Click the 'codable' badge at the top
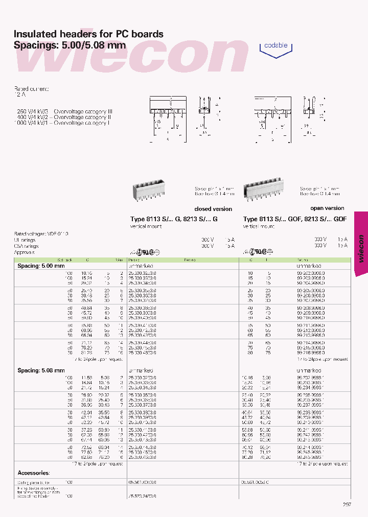[276, 45]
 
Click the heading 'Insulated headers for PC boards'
[88, 34]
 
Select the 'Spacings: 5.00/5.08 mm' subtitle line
[70, 45]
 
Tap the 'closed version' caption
[213, 209]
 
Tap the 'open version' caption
[327, 208]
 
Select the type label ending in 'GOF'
[295, 219]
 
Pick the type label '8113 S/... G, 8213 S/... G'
[174, 219]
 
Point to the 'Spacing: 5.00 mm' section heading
[41, 266]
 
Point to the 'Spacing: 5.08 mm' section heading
[41, 370]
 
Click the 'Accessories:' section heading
[34, 473]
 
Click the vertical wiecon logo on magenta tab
[360, 248]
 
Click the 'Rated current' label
[31, 89]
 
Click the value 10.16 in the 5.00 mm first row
[85, 273]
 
